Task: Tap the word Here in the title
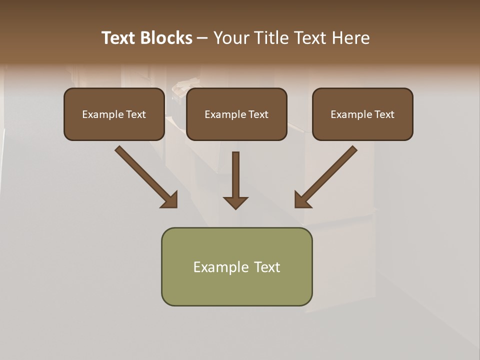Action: click(x=350, y=38)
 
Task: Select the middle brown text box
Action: click(x=236, y=128)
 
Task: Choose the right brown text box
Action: click(x=362, y=128)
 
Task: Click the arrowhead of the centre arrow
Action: click(x=235, y=202)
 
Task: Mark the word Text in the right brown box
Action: click(x=384, y=114)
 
